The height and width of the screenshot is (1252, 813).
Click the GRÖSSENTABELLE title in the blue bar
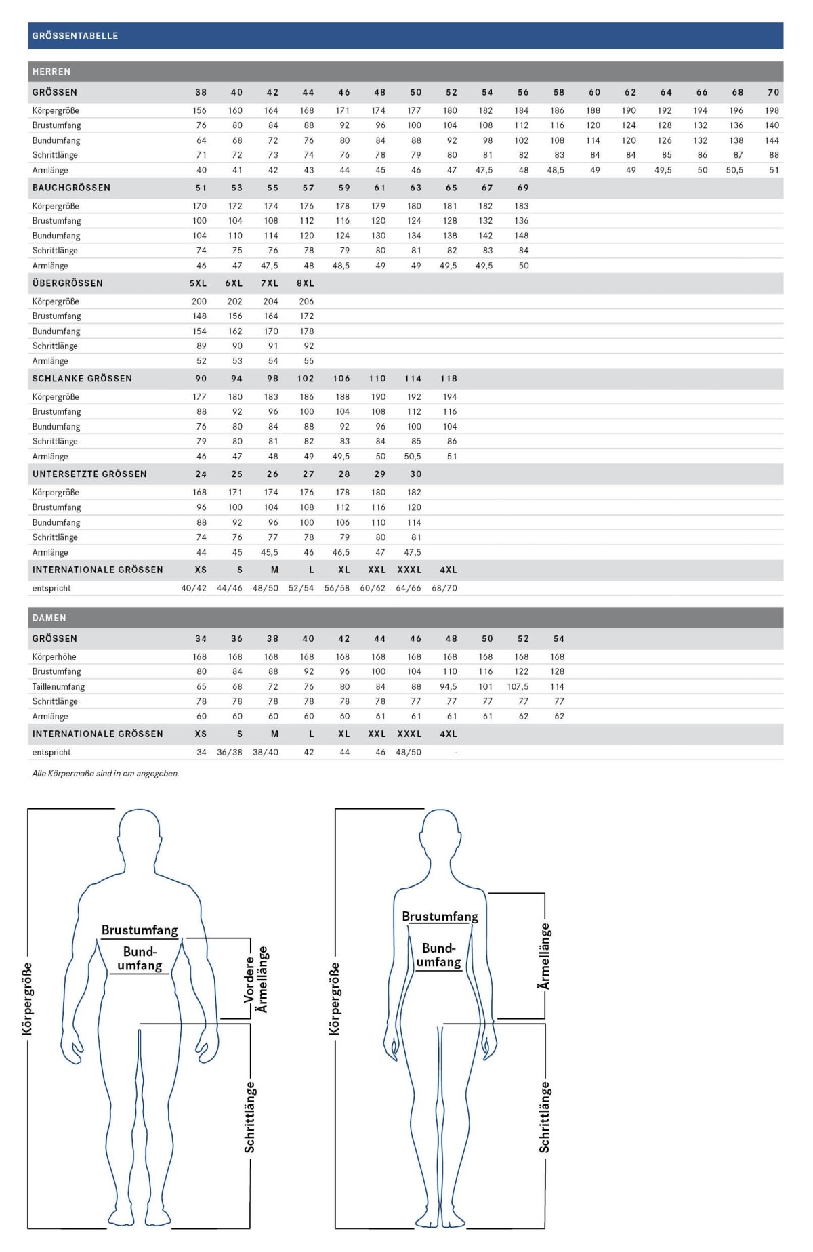click(75, 36)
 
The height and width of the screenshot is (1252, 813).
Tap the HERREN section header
click(51, 72)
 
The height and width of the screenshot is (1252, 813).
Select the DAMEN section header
click(49, 618)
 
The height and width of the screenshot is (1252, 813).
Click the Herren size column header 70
click(773, 93)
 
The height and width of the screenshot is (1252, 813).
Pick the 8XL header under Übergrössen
click(306, 283)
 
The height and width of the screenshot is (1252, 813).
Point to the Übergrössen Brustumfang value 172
click(307, 316)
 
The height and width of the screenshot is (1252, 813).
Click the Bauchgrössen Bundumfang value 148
click(521, 236)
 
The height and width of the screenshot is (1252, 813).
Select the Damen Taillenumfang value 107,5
click(518, 687)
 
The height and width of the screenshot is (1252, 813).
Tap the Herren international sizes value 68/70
click(444, 589)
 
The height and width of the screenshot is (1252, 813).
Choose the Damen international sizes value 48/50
click(409, 753)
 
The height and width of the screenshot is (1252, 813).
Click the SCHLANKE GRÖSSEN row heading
click(82, 379)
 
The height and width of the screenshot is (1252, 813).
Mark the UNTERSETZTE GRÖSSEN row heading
click(89, 474)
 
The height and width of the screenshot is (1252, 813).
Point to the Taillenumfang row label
click(58, 687)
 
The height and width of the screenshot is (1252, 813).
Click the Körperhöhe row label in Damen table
click(54, 657)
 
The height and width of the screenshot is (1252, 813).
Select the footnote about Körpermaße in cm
click(106, 774)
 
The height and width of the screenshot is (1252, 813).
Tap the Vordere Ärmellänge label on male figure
click(255, 980)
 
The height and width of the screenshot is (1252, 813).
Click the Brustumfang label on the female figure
click(440, 917)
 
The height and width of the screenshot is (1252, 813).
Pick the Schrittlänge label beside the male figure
click(250, 1117)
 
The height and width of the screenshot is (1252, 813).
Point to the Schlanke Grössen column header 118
click(449, 379)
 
